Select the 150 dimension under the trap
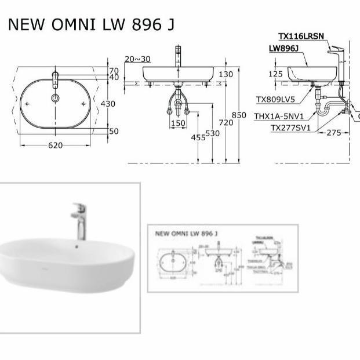(x=178, y=123)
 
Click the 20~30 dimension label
(x=137, y=59)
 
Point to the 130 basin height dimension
(x=226, y=74)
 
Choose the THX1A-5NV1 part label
(x=279, y=116)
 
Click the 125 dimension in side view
(x=276, y=74)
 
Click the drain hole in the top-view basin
(x=55, y=98)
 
